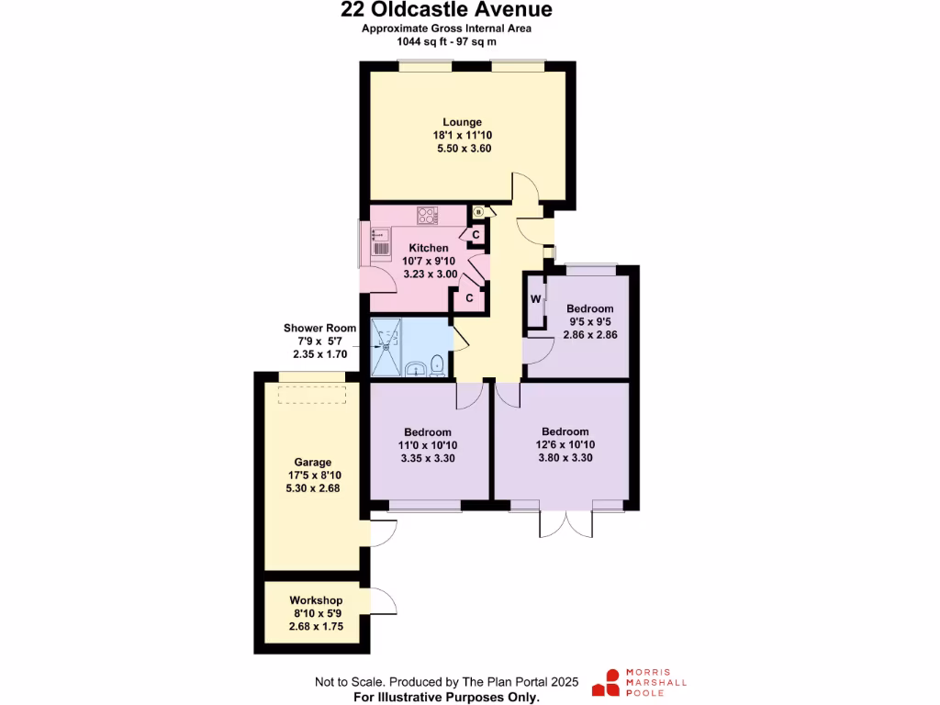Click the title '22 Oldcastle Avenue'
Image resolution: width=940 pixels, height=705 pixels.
[446, 10]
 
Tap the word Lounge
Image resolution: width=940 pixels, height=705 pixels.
[462, 122]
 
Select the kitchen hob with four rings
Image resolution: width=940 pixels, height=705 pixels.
[428, 217]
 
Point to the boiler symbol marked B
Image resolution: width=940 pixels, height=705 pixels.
[477, 212]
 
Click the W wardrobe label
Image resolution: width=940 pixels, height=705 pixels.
[534, 299]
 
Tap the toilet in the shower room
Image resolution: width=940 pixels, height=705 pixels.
[436, 366]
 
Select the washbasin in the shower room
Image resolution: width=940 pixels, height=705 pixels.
[415, 371]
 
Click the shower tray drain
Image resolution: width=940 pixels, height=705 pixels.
[386, 346]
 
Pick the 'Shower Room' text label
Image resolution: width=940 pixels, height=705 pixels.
[319, 328]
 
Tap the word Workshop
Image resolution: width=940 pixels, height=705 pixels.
[316, 600]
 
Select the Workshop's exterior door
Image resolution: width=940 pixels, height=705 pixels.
[384, 601]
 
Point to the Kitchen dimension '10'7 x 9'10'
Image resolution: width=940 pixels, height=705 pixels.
[429, 261]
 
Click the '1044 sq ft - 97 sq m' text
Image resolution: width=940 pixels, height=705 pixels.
[446, 41]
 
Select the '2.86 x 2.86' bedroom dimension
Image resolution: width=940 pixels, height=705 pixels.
[589, 334]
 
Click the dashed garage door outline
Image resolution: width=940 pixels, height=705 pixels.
[313, 395]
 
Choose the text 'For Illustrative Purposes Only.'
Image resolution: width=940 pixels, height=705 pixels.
[446, 698]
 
